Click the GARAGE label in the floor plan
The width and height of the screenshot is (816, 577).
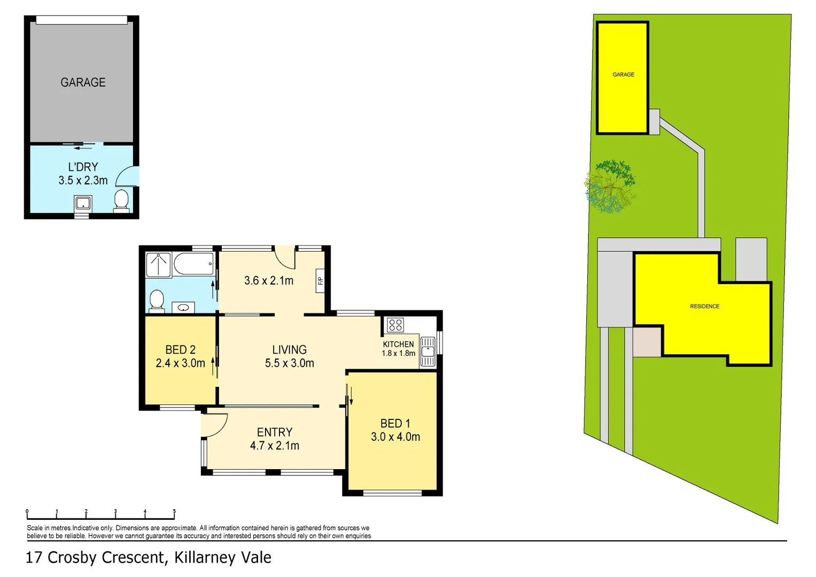[83, 82]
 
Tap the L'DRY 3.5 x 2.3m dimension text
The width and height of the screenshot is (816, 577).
[83, 181]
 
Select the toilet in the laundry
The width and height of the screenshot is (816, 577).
[122, 200]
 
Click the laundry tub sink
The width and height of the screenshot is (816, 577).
[82, 204]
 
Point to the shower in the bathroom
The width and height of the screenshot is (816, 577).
[158, 265]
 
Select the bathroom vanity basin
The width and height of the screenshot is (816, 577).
[183, 307]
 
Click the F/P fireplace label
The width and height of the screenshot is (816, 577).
[321, 280]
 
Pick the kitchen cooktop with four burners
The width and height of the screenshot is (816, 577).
[395, 325]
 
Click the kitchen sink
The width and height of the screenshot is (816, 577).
[428, 351]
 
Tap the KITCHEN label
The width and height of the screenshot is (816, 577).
[398, 344]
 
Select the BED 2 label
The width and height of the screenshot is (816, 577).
[180, 350]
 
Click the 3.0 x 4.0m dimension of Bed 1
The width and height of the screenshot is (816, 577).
[395, 437]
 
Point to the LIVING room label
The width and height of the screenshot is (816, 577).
[289, 350]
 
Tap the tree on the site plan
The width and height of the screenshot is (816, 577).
[610, 186]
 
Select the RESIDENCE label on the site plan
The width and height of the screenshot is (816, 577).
[704, 306]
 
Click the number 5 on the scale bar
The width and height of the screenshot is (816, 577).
[174, 511]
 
